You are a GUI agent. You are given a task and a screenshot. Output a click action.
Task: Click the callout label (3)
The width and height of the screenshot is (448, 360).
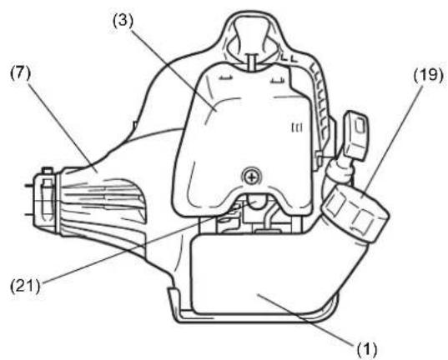point(123,22)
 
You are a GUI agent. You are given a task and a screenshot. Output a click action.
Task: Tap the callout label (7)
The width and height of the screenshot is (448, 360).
point(20,73)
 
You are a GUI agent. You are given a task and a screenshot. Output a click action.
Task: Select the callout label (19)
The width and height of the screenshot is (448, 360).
point(429,75)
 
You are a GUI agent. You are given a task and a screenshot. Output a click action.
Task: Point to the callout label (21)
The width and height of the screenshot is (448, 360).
point(25,286)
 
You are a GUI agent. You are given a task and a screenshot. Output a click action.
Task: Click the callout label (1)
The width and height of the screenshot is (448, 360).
point(366,349)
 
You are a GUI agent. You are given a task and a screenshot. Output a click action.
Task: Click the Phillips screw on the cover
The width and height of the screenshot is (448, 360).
point(252,177)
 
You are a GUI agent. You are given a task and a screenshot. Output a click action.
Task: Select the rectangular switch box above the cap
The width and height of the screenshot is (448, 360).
point(356,136)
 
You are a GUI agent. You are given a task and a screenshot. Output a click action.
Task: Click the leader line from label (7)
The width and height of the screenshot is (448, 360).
point(63,127)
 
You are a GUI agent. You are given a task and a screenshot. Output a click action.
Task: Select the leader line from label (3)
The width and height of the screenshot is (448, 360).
point(174,68)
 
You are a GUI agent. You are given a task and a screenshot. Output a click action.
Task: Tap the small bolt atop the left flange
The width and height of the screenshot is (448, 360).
point(48,171)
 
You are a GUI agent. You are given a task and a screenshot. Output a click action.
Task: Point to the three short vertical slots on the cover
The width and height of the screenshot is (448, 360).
point(297,127)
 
